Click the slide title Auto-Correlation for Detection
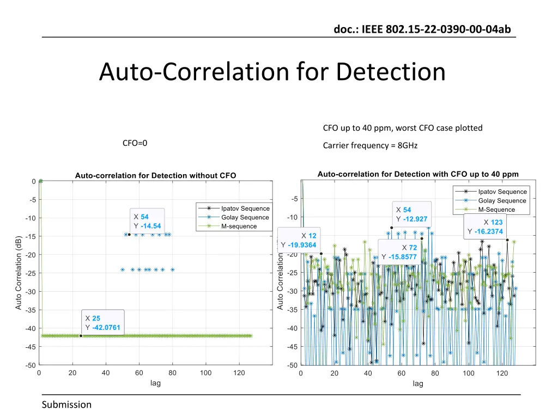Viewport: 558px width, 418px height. [272, 72]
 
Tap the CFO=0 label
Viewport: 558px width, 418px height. [135, 143]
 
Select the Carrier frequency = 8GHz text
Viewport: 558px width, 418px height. [370, 145]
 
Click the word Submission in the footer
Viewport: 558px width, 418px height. [67, 404]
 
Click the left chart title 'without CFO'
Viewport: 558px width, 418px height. [155, 175]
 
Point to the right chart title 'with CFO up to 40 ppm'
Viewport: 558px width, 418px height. [417, 174]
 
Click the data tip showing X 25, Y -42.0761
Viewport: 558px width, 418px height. [102, 322]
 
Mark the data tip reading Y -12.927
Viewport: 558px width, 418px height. [412, 214]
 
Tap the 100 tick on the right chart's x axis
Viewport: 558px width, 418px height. [469, 373]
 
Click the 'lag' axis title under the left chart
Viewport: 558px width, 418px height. [155, 383]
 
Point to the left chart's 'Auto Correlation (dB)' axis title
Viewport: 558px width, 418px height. [19, 273]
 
